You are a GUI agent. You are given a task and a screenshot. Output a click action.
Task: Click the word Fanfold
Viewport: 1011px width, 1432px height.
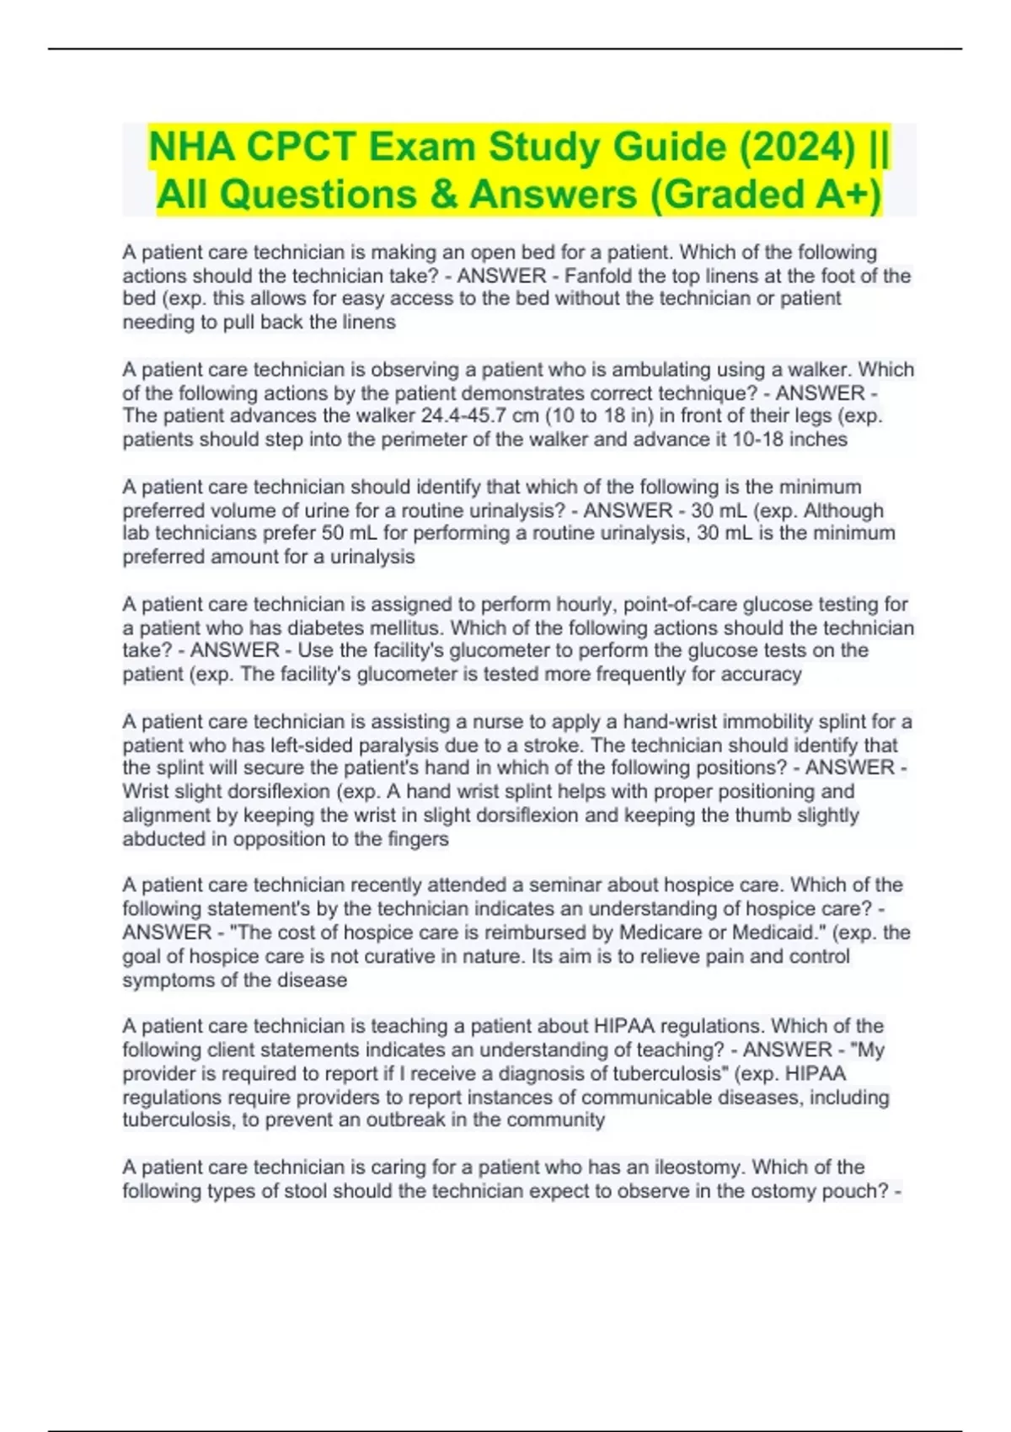(600, 275)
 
